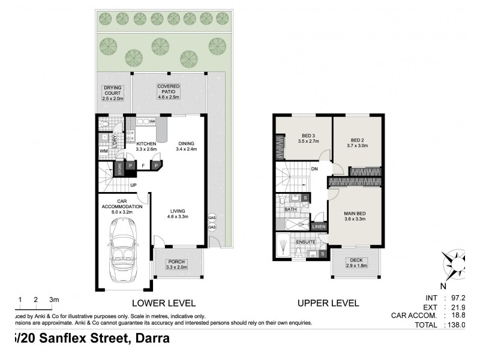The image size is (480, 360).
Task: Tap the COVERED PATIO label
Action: point(169,91)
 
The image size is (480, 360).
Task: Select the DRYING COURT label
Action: point(112,93)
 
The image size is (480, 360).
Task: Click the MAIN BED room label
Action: point(355,216)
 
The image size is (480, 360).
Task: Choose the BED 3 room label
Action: point(308,139)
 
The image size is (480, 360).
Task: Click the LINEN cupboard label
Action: point(319,227)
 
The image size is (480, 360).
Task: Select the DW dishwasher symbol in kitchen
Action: point(152,122)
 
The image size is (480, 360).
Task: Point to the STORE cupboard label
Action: point(119,167)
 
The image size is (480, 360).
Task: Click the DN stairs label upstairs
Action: point(314,169)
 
